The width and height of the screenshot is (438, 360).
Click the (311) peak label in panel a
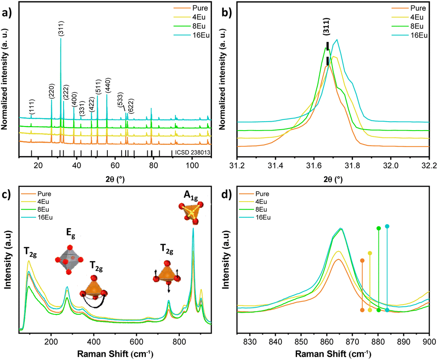coord(61,29)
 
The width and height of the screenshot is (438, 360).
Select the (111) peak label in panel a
coord(32,107)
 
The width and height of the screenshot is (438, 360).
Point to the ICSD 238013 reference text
coord(192,152)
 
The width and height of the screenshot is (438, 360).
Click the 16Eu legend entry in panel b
coord(409,35)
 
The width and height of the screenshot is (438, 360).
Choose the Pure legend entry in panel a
coord(191,8)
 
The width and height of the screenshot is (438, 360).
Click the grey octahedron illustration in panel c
coord(69,260)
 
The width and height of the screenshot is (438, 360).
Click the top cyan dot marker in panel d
coord(387,226)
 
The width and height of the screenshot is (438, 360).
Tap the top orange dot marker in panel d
coord(362,261)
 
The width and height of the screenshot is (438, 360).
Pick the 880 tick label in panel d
coord(378,342)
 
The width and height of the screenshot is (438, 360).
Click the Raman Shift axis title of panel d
coord(333,354)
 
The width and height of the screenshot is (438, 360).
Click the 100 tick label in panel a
coord(192,165)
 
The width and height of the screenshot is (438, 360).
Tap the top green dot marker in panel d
coord(379,229)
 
